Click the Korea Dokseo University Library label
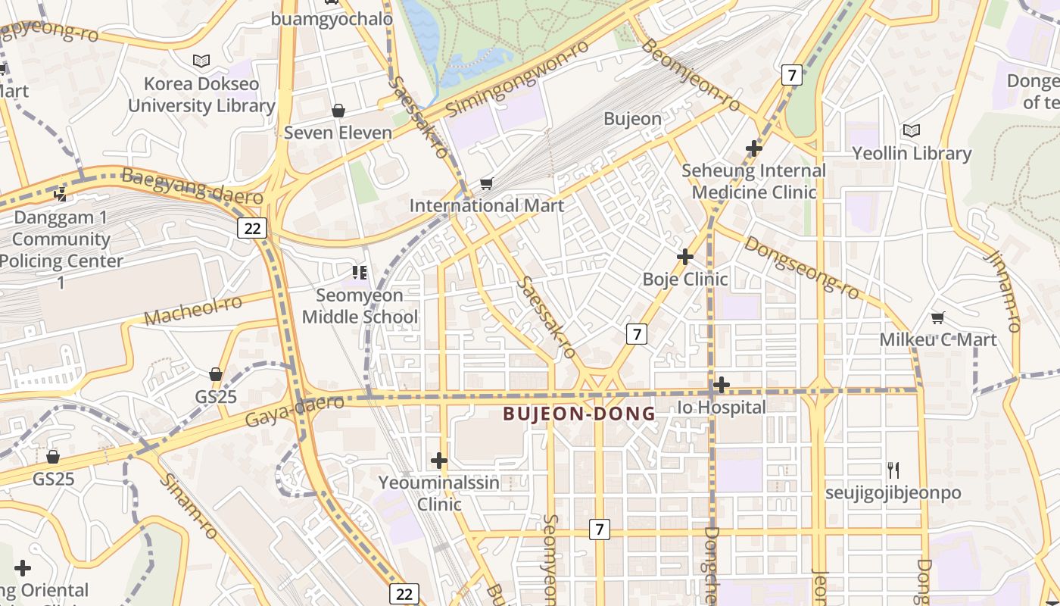pyautogui.click(x=201, y=95)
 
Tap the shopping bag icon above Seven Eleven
pyautogui.click(x=338, y=111)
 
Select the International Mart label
pyautogui.click(x=486, y=205)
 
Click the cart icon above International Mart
pyautogui.click(x=486, y=183)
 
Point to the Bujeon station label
pyautogui.click(x=632, y=119)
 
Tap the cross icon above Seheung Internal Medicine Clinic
pyautogui.click(x=753, y=148)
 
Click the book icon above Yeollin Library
pyautogui.click(x=912, y=131)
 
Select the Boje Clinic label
pyautogui.click(x=685, y=279)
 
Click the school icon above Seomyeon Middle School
pyautogui.click(x=360, y=272)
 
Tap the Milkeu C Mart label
pyautogui.click(x=938, y=339)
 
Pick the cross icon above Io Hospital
pyautogui.click(x=722, y=385)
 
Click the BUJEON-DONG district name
pyautogui.click(x=579, y=414)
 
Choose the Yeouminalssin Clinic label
pyautogui.click(x=439, y=493)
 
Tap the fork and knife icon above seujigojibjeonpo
pyautogui.click(x=893, y=470)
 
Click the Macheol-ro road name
pyautogui.click(x=193, y=310)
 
